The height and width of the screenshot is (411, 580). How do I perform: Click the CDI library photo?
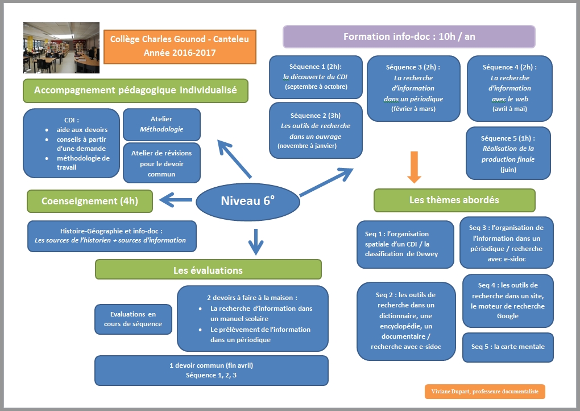(61, 48)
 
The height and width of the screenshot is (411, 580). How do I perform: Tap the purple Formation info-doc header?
(409, 37)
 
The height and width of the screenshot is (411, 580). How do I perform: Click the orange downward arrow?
(415, 172)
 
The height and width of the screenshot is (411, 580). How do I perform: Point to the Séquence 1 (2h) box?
(316, 77)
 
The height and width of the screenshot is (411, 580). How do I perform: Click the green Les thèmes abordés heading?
(454, 200)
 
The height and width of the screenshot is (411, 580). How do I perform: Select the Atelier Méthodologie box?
(161, 124)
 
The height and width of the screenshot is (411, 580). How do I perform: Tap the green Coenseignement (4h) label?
(89, 200)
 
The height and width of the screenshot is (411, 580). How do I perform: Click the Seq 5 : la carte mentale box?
(508, 347)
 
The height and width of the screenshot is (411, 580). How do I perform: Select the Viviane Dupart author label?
(484, 392)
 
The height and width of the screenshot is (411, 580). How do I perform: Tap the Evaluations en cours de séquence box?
(133, 319)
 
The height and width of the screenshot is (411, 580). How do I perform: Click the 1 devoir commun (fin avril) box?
(211, 370)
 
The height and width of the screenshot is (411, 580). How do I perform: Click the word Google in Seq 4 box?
(507, 316)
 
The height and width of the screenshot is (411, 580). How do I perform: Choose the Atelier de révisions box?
(161, 163)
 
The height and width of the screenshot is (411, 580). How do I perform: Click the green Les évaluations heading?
(208, 270)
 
